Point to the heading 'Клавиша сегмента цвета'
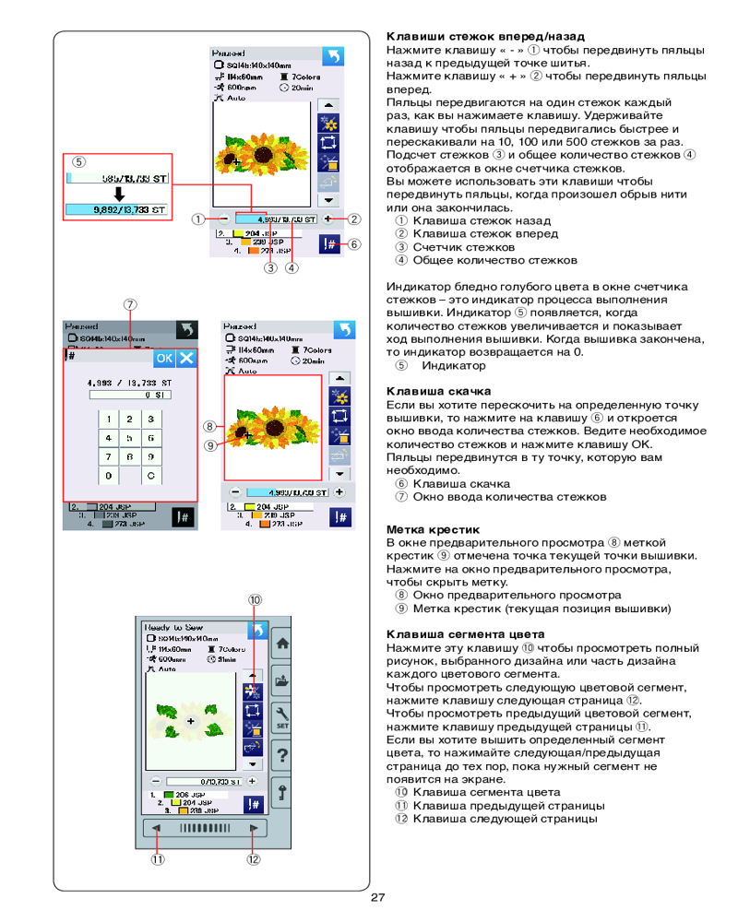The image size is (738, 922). (465, 634)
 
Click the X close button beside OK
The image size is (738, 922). (186, 358)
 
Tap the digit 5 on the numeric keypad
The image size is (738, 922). (129, 438)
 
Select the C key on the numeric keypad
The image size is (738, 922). (150, 476)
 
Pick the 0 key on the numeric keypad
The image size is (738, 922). (108, 476)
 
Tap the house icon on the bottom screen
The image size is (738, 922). (280, 643)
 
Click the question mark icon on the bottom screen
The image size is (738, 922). (280, 755)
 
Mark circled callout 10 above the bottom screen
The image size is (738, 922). (255, 599)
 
